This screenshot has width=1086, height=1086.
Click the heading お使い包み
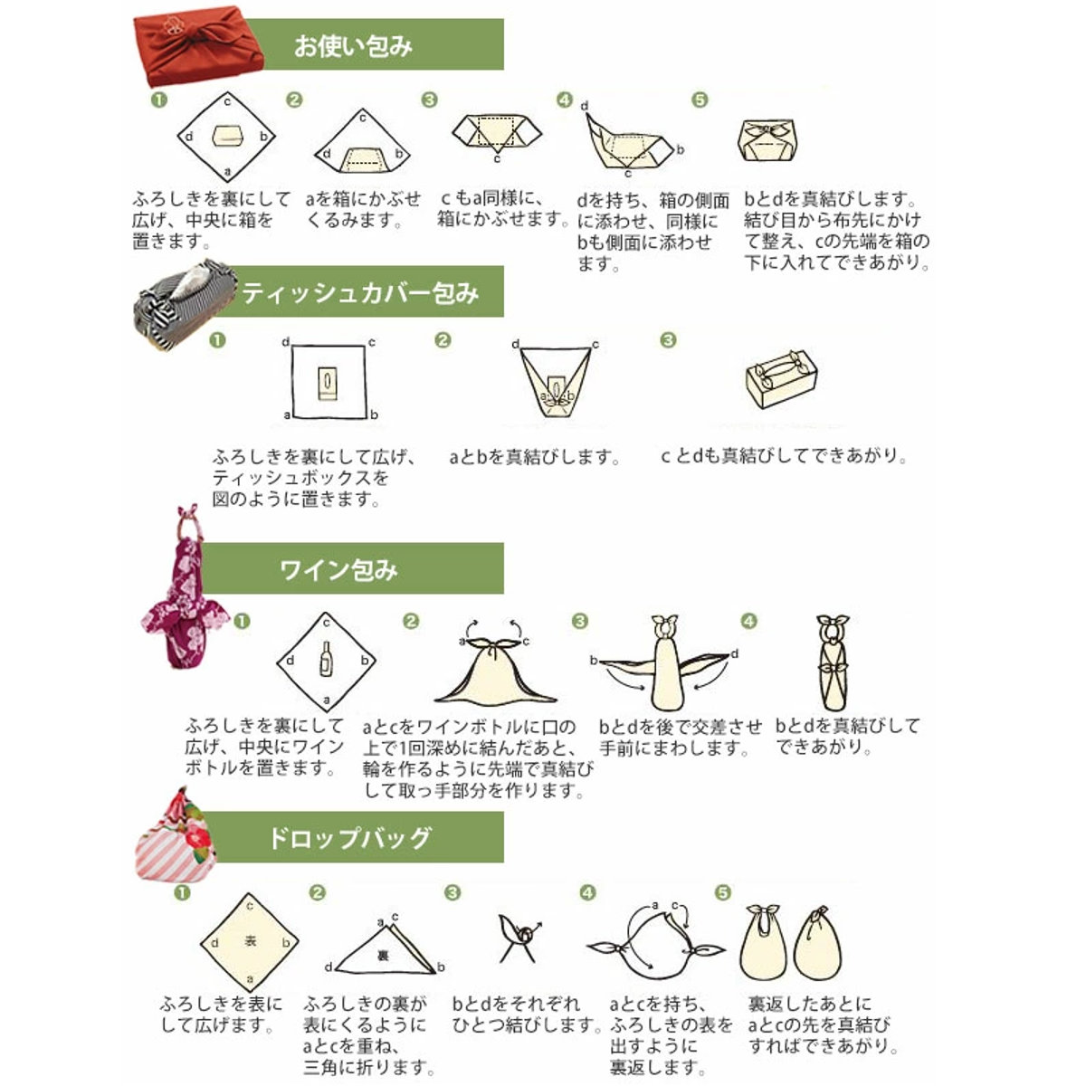[353, 46]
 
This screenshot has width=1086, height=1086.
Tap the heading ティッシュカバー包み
[360, 292]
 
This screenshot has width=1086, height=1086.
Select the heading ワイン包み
[338, 570]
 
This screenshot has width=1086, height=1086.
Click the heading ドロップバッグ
[349, 837]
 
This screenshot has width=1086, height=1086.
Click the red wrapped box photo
[198, 50]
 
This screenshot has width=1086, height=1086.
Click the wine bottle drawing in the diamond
[327, 660]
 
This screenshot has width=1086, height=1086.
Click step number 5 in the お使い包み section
[700, 100]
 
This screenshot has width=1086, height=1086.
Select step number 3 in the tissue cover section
[668, 340]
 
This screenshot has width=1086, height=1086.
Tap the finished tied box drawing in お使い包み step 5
[768, 139]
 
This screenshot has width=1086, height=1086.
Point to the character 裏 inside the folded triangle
[383, 955]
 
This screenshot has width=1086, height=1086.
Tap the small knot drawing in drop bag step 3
[521, 938]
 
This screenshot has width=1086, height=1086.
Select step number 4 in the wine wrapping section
[748, 621]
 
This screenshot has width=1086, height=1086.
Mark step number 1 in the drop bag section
[182, 892]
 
